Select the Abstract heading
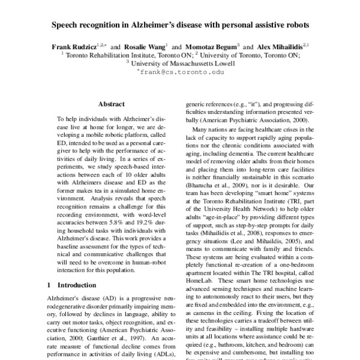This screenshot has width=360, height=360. (111, 103)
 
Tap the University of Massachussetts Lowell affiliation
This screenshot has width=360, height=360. (180, 62)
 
